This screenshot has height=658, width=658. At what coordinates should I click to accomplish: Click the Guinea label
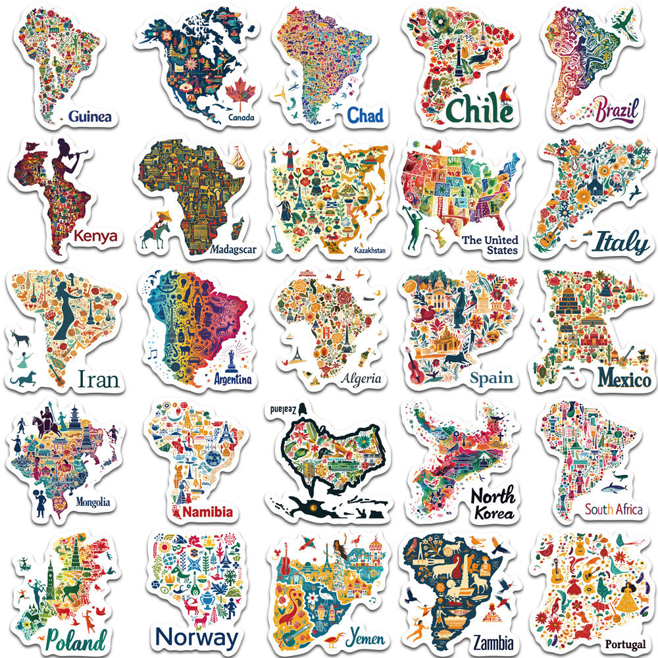(x=89, y=117)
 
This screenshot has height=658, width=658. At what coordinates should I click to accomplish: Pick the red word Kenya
(x=96, y=236)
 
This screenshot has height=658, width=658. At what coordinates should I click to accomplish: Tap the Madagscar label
(x=234, y=249)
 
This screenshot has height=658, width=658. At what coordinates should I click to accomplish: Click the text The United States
(x=490, y=245)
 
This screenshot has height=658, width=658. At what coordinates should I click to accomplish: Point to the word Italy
(x=621, y=244)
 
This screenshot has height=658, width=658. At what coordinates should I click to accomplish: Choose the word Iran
(x=98, y=379)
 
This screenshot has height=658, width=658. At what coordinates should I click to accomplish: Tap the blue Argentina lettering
(x=233, y=379)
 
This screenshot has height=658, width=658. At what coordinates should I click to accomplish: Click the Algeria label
(x=361, y=378)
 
